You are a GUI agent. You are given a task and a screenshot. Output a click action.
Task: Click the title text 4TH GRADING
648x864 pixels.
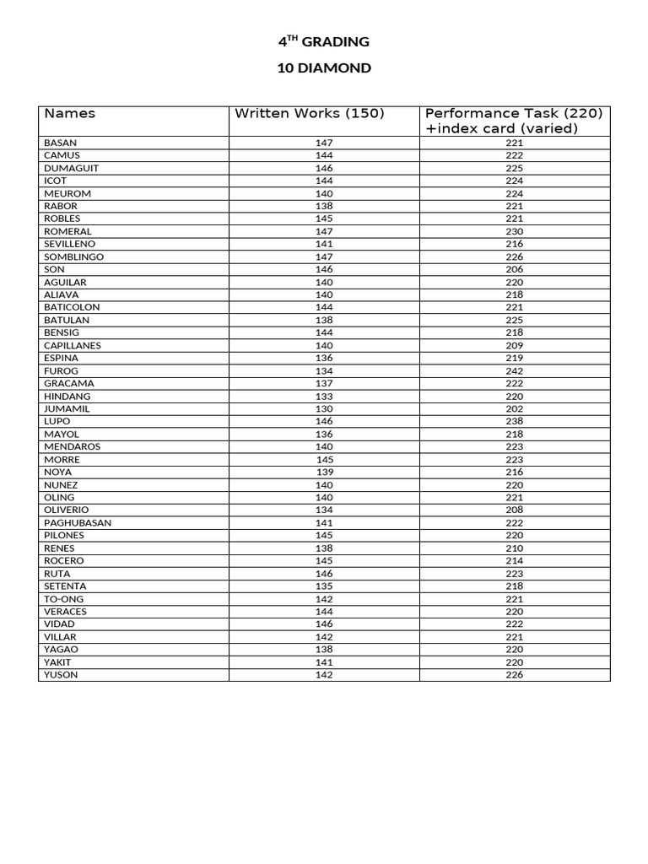324,41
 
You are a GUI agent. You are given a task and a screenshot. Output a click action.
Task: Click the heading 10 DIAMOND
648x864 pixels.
324,68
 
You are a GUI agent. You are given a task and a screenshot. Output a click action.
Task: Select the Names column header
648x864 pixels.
70,114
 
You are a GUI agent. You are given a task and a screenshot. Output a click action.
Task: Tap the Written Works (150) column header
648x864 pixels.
309,114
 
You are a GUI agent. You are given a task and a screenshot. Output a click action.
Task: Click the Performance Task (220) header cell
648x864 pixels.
514,121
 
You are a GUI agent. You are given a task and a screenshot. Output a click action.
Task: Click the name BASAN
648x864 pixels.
60,143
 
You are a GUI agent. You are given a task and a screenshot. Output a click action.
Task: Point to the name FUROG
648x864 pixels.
60,370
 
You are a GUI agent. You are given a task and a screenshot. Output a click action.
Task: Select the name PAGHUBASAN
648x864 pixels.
78,522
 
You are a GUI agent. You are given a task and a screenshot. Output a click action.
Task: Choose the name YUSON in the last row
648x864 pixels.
61,674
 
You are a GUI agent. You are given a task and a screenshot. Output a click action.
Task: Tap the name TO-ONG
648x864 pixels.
64,598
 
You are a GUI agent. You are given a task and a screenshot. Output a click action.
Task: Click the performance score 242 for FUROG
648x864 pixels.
515,370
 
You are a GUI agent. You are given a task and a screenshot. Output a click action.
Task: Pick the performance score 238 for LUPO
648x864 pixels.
515,421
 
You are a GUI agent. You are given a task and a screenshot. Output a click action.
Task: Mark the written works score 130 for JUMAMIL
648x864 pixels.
324,408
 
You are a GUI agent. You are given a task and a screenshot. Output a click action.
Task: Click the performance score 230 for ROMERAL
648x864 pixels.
515,231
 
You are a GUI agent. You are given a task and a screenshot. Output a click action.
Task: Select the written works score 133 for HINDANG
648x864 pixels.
324,396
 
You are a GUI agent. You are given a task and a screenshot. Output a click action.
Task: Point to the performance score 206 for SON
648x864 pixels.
515,269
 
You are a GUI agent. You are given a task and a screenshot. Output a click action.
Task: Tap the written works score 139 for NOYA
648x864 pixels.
324,472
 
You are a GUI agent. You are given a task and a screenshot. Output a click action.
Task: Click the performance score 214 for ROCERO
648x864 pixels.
515,560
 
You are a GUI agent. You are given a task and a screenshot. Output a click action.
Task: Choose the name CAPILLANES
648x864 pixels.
73,345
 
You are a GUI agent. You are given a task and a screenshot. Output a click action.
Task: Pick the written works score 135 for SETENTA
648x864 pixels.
324,586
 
